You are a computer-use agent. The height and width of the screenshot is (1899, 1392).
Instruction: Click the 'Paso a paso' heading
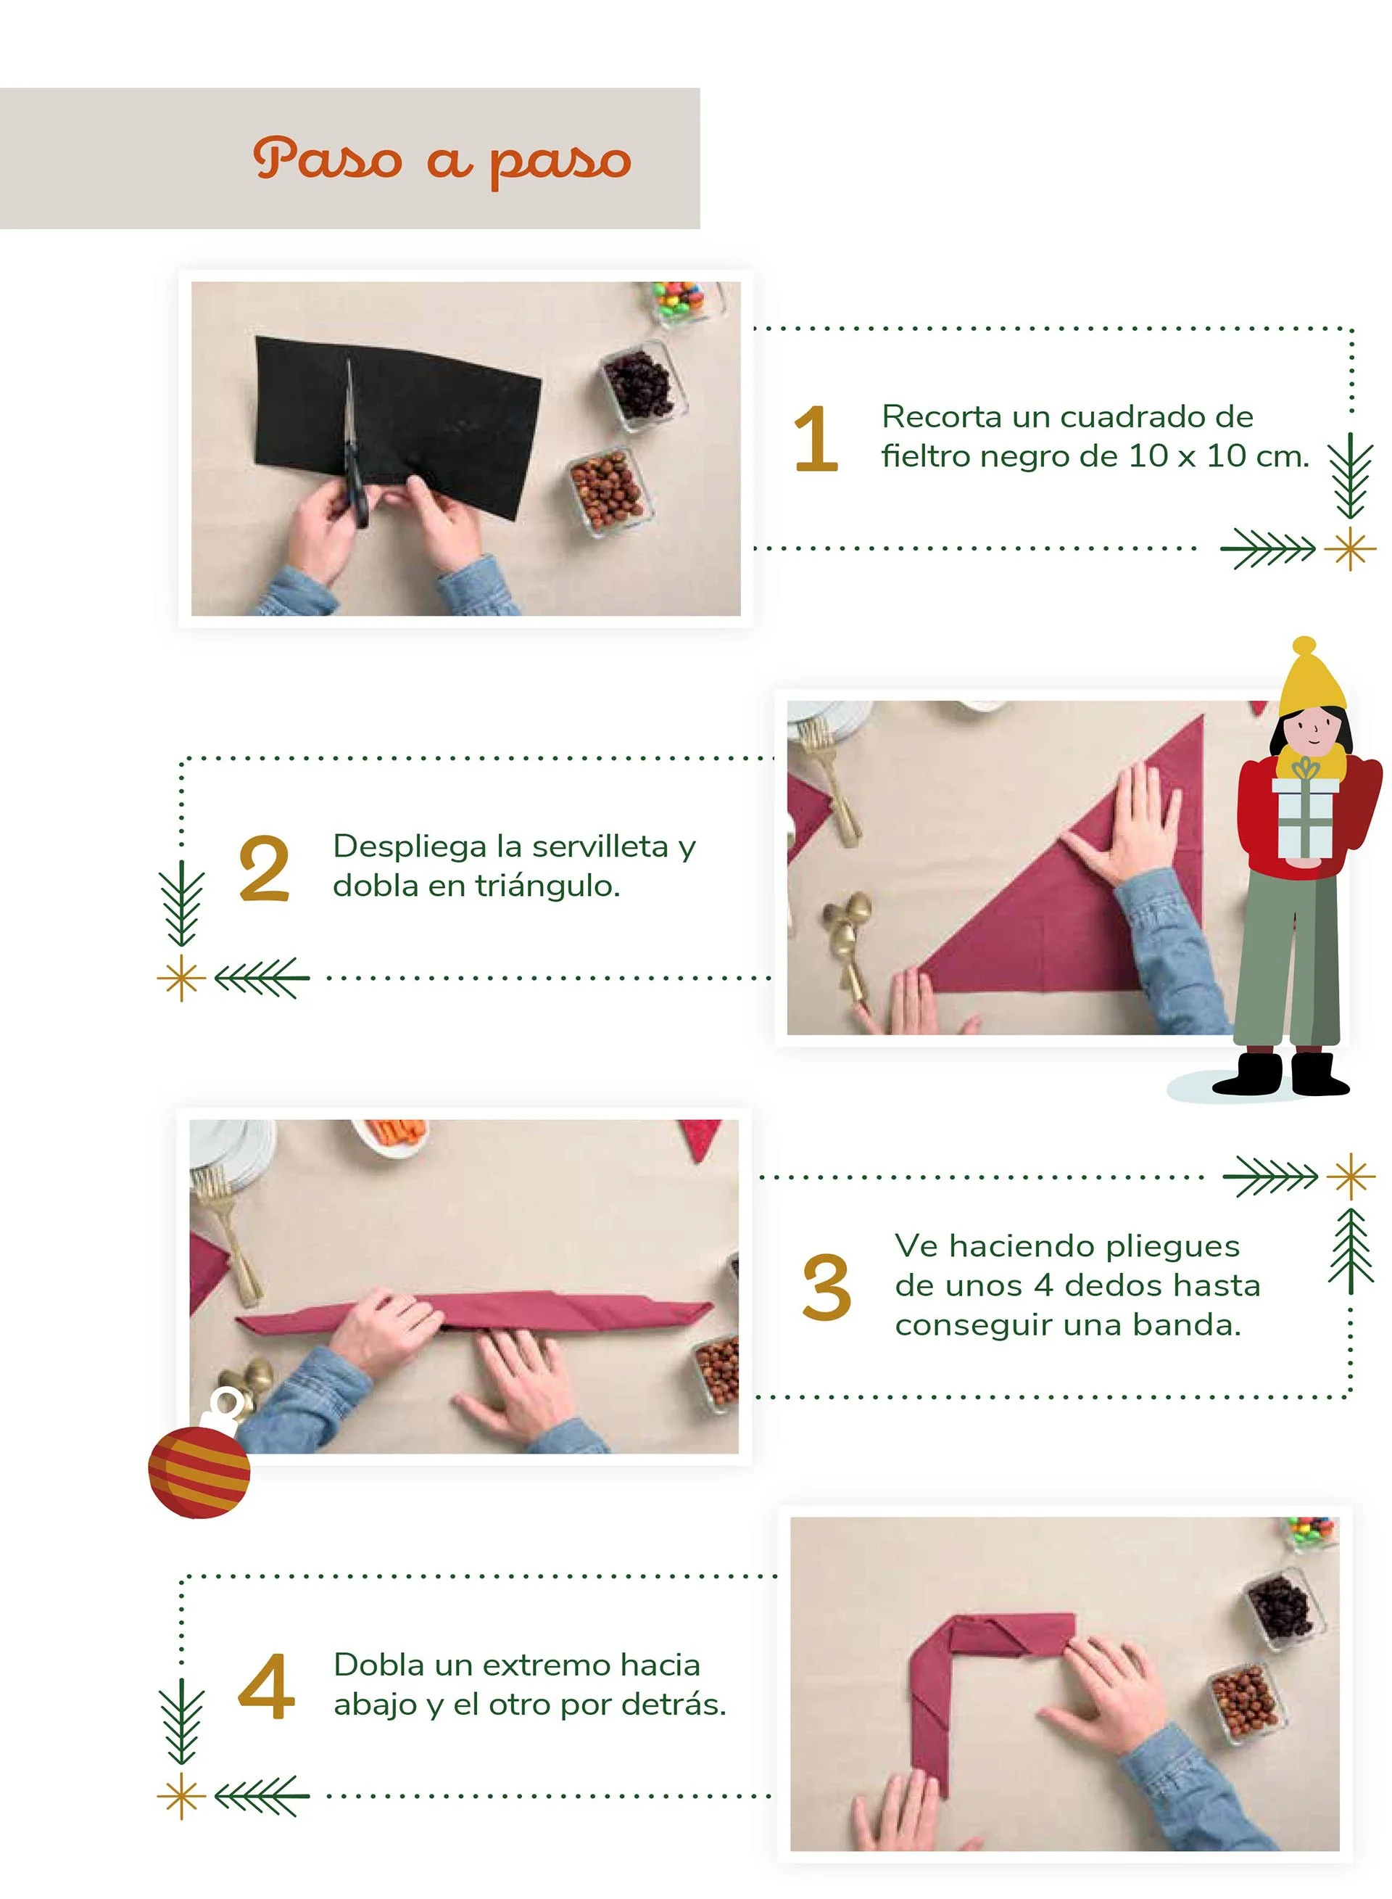[442, 160]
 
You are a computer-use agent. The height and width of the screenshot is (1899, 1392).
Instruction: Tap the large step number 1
[816, 438]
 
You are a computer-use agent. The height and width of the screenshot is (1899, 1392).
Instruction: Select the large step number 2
[264, 869]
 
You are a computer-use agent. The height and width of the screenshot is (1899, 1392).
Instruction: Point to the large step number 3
[826, 1286]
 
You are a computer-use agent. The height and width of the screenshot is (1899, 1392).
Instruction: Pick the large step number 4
[266, 1686]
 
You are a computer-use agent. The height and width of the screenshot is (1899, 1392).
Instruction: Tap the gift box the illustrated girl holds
[1304, 811]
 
